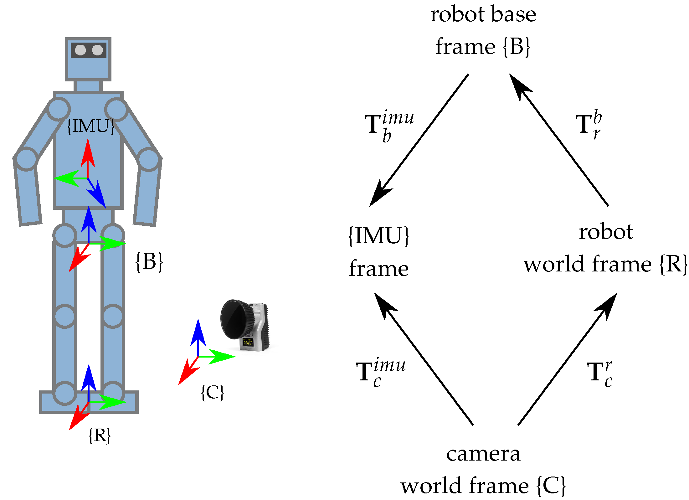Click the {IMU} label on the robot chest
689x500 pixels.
(x=91, y=126)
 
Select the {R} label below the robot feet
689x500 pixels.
(x=100, y=435)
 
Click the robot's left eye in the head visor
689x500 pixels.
(x=80, y=50)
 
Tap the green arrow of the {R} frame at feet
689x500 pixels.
(x=111, y=402)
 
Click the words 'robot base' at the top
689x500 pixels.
(x=483, y=14)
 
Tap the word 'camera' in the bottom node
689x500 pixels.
(x=483, y=454)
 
